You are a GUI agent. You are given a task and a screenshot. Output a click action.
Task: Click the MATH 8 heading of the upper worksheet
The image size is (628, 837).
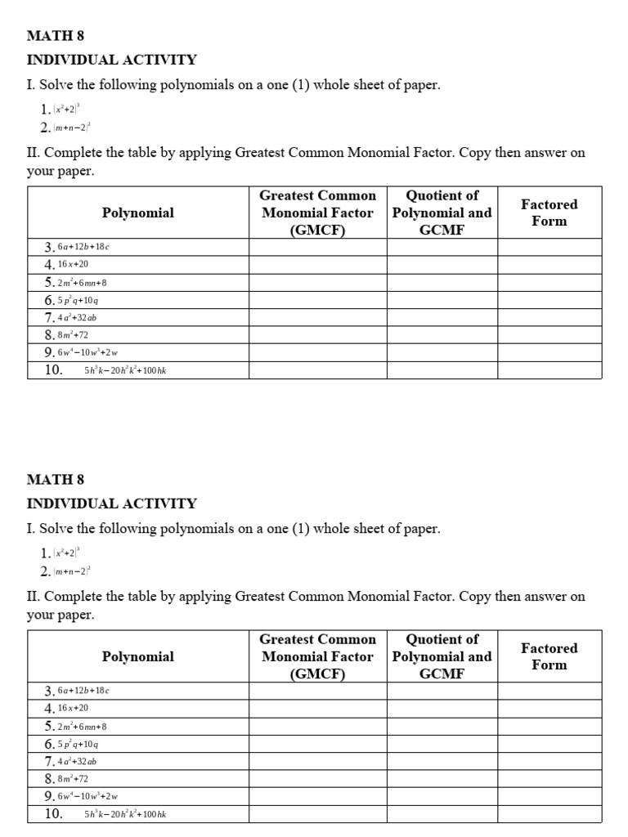coord(56,36)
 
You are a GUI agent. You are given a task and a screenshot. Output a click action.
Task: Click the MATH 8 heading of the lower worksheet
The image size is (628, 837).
coord(56,480)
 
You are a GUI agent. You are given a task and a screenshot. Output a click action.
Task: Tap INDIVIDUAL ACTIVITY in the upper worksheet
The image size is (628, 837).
coord(112,60)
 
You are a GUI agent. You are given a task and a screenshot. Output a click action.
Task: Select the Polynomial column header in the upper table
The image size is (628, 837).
coord(137,213)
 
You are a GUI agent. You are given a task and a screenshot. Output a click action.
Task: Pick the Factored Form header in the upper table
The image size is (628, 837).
coord(549,213)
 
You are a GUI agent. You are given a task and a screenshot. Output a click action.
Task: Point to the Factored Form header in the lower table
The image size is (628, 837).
coord(549,656)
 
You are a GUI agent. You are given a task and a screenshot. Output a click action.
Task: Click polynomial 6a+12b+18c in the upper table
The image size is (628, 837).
coord(83,247)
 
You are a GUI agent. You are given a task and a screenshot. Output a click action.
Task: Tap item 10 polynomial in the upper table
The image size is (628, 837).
coord(126,370)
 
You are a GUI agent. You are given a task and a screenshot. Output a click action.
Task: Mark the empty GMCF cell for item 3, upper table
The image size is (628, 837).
coord(317,247)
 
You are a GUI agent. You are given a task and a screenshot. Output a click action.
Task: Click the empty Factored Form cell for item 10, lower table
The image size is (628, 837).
coord(549,814)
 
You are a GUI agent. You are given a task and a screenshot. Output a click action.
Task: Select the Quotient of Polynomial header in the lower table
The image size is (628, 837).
coord(442,656)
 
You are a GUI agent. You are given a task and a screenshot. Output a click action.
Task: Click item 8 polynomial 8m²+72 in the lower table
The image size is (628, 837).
coord(72,779)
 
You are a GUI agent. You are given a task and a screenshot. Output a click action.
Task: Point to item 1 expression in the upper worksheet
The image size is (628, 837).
coord(66,109)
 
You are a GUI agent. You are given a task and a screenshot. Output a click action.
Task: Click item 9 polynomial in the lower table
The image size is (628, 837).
coord(87,796)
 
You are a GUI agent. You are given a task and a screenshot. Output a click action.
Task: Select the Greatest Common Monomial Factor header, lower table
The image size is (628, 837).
coord(317,656)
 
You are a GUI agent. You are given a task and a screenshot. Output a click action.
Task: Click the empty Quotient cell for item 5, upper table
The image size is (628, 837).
coord(442,282)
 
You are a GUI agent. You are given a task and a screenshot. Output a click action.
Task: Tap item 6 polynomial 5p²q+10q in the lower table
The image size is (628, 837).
coord(78,744)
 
